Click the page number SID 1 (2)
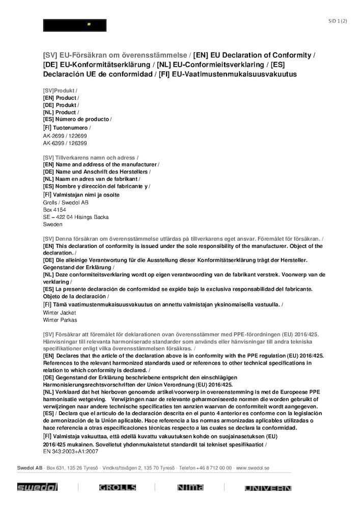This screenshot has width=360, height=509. point(338,21)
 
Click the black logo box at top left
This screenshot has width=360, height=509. point(74,25)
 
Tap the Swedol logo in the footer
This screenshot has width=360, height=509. point(38,488)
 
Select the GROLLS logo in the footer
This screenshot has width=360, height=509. point(117,488)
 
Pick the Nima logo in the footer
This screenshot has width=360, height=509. point(190,488)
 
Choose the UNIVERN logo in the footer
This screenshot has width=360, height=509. point(268,488)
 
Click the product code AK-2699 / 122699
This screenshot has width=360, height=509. point(65,136)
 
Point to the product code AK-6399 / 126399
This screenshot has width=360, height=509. point(65,144)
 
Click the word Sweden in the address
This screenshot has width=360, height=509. point(53,224)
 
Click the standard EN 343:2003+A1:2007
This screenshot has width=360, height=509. point(71,451)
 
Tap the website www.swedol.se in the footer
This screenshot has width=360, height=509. point(253,467)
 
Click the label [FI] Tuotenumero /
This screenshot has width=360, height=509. point(67,127)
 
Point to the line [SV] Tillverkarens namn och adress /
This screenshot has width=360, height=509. point(91,158)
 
